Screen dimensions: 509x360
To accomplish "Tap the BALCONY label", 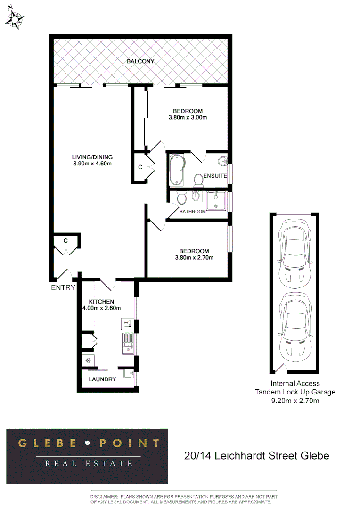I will [x=140, y=62].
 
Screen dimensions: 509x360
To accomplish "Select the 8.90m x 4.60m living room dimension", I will [x=92, y=164].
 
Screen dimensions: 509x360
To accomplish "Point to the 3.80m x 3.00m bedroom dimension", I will [x=188, y=118].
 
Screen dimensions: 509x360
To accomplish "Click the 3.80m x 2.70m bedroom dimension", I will [x=194, y=258].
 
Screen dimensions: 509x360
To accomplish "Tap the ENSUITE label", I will [x=215, y=176].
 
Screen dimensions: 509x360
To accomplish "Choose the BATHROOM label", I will [x=192, y=212].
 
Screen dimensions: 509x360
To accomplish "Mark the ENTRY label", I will [x=63, y=287].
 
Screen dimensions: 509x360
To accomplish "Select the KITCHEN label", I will [x=101, y=302].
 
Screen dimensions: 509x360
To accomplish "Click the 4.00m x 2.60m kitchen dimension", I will [x=101, y=308].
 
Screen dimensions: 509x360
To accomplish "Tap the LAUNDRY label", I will [x=102, y=379].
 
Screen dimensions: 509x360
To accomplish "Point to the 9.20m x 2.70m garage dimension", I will [x=295, y=401].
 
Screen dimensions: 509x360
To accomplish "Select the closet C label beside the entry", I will [x=66, y=241].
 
